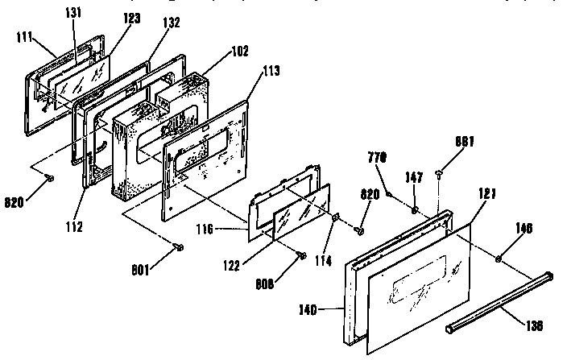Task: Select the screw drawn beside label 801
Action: point(178,246)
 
